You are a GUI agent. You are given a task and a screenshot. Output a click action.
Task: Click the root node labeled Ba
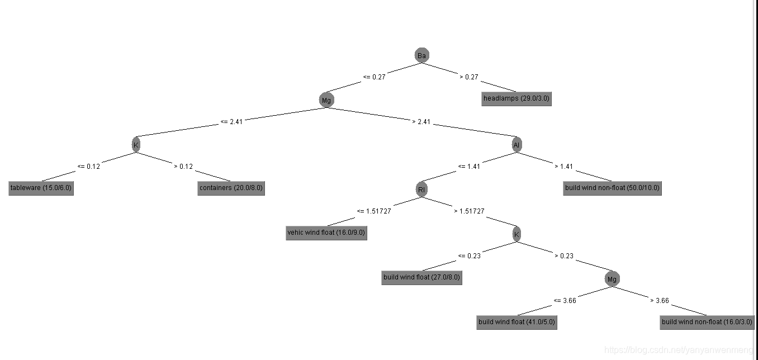[422, 55]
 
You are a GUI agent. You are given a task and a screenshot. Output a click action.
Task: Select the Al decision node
[517, 145]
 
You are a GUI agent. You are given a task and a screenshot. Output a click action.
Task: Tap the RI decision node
[421, 190]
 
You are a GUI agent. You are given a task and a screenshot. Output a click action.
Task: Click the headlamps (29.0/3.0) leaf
[516, 99]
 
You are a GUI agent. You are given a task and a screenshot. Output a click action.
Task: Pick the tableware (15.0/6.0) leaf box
[41, 188]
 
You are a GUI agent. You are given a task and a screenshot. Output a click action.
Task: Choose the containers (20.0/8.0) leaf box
[230, 188]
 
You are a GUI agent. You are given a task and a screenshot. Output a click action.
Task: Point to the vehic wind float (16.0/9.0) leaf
[326, 233]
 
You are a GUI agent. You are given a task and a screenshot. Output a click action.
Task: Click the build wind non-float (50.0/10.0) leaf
[612, 188]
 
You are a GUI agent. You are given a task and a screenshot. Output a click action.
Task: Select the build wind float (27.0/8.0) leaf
[422, 277]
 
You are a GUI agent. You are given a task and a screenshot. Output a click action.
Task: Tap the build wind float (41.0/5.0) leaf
[517, 322]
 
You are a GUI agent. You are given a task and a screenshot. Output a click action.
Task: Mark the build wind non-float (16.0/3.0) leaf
[707, 322]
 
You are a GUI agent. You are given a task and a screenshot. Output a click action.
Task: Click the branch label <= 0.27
[374, 77]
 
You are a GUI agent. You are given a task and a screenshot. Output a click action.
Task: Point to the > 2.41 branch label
[421, 122]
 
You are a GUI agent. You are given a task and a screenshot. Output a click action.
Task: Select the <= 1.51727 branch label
[374, 211]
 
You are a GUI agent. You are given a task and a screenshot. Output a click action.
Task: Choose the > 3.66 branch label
[660, 301]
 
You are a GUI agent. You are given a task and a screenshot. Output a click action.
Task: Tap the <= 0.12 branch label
[88, 167]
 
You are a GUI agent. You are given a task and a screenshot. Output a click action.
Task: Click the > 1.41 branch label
[564, 167]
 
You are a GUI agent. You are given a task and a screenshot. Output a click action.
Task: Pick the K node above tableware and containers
[136, 145]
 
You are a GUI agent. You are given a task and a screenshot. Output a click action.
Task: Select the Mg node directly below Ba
[326, 101]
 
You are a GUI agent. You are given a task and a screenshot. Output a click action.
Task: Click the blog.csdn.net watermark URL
[679, 350]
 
